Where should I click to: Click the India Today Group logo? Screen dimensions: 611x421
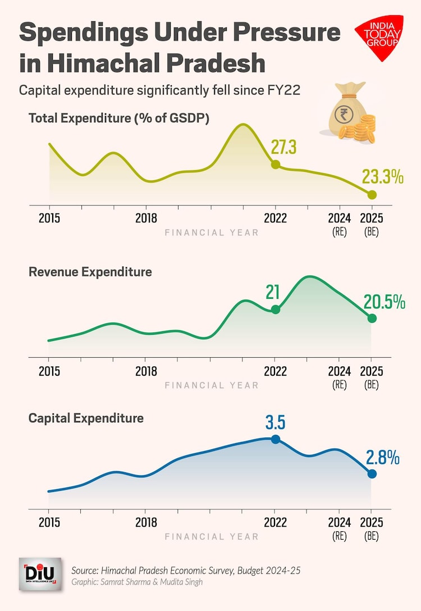[x=379, y=37]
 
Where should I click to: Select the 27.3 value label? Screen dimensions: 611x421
[x=283, y=148]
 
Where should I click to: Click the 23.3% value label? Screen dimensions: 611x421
[x=382, y=177]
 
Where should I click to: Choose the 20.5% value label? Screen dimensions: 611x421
[x=384, y=302]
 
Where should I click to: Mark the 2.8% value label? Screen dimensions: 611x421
[x=383, y=458]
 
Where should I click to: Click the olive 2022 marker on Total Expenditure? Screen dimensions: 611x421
[x=275, y=165]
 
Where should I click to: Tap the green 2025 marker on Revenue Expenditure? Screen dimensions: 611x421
[x=372, y=318]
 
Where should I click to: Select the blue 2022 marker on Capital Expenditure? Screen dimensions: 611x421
[x=275, y=439]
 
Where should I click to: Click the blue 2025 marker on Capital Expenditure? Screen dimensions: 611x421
[x=372, y=474]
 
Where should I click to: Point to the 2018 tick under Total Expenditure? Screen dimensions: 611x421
[x=146, y=218]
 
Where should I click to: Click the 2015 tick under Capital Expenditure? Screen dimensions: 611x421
[x=49, y=522]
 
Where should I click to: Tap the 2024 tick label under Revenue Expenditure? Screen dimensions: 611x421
[x=339, y=371]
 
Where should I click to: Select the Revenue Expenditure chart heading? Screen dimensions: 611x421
[x=90, y=272]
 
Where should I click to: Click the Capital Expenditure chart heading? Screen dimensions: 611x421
[x=86, y=418]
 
